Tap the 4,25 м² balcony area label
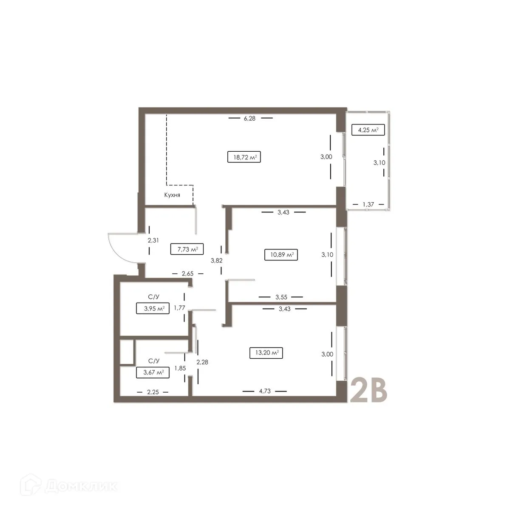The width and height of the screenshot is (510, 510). (368, 130)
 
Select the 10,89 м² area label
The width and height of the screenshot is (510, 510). (280, 255)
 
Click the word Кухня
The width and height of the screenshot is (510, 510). (173, 195)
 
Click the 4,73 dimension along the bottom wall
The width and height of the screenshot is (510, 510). (264, 391)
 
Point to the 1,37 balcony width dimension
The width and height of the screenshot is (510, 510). (368, 205)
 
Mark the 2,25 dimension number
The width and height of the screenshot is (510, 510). (153, 392)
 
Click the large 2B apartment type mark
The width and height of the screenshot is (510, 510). (368, 390)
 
